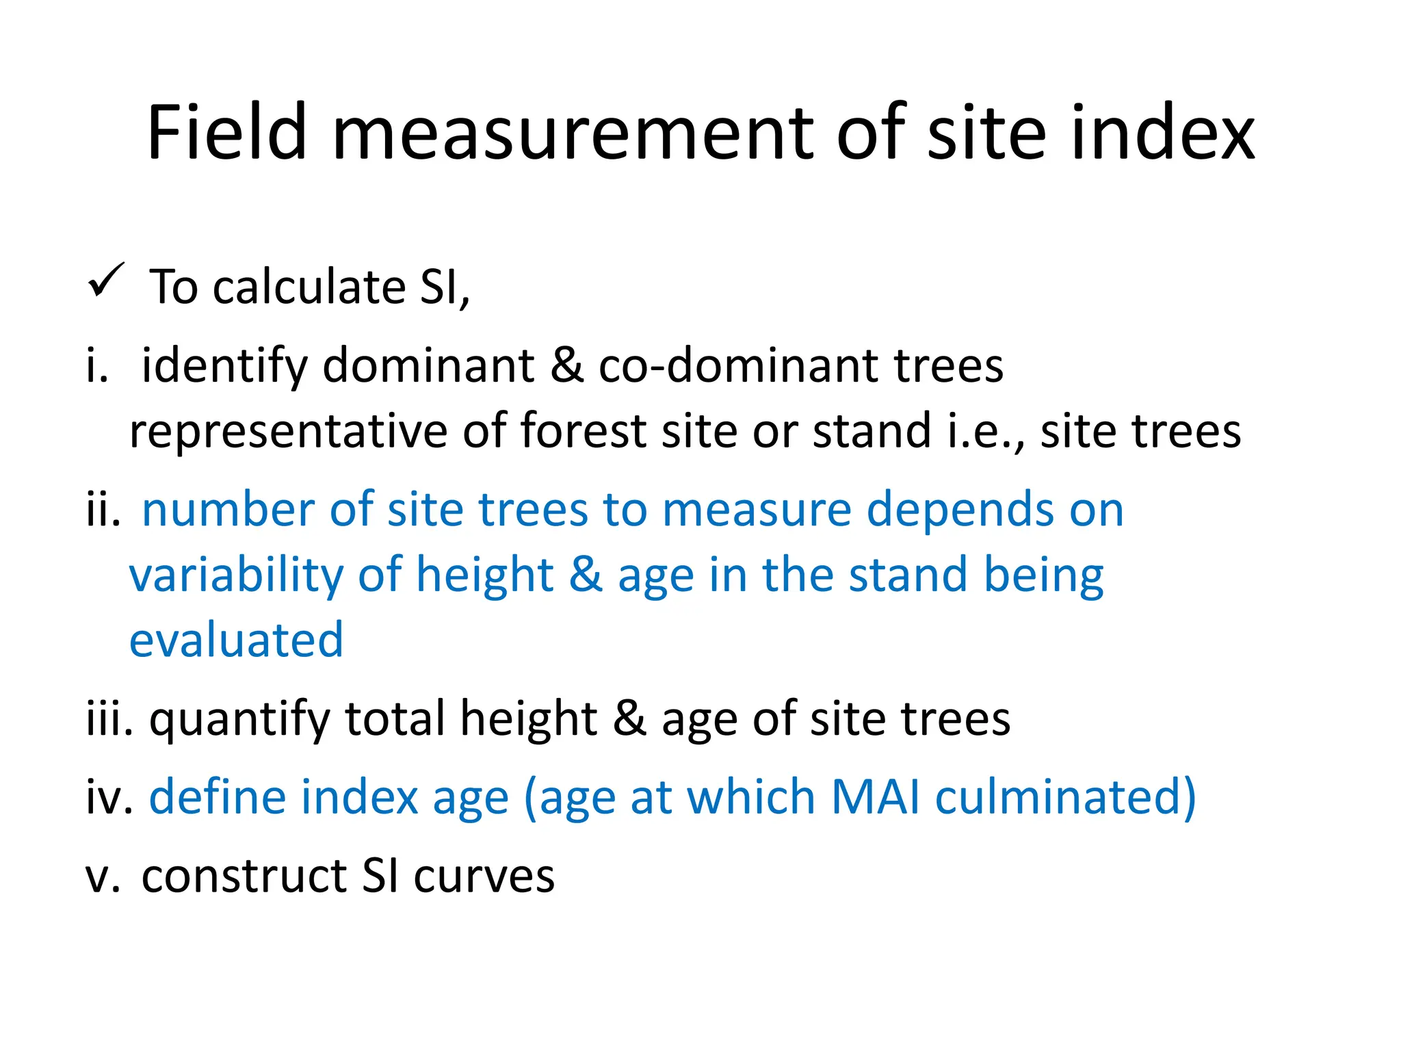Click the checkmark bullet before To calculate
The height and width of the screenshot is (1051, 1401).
tap(107, 281)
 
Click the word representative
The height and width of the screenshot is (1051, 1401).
tap(287, 431)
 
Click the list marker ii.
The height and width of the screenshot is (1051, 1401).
tap(103, 510)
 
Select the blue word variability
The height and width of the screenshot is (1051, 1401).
tap(237, 575)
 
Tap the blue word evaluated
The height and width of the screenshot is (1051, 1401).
tap(236, 640)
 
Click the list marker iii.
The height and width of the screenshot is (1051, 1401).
tap(109, 718)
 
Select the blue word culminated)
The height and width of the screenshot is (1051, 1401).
tap(1064, 797)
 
